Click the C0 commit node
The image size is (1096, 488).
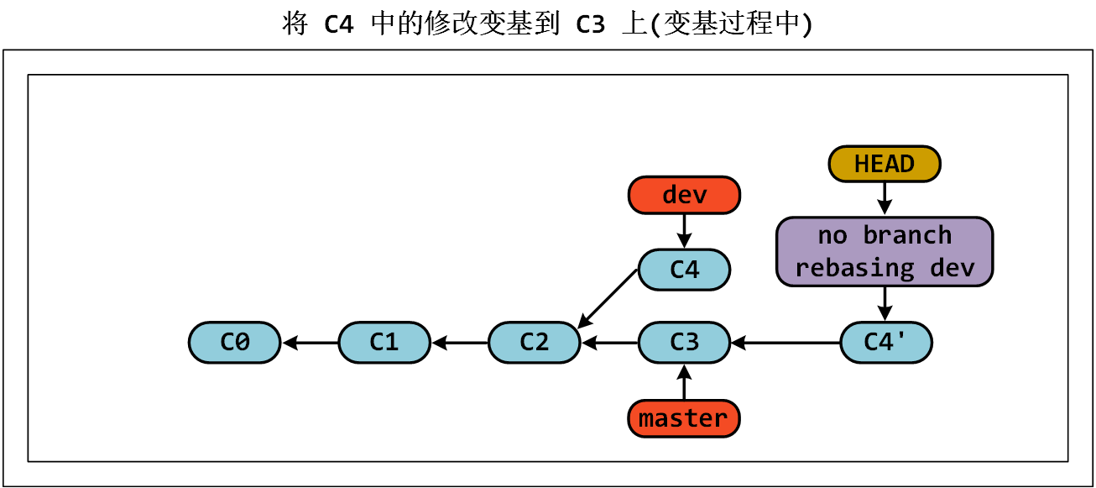[x=234, y=343]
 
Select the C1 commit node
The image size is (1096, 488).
[x=384, y=343]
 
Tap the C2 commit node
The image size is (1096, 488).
[x=535, y=343]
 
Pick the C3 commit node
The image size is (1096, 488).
[x=684, y=343]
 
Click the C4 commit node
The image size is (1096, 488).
[x=684, y=270]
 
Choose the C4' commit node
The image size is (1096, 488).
[x=885, y=343]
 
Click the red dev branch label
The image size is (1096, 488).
[x=684, y=195]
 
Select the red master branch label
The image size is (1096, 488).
[x=684, y=418]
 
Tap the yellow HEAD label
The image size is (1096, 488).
[x=885, y=164]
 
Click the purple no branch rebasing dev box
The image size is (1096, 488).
[x=885, y=252]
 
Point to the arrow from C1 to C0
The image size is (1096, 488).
[x=311, y=343]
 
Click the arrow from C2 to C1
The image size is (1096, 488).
[x=460, y=343]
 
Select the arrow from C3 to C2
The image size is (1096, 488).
[x=610, y=343]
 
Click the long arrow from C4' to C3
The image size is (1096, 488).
[x=785, y=343]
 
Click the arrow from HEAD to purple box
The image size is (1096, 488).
[x=885, y=199]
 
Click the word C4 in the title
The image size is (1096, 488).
[x=339, y=24]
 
